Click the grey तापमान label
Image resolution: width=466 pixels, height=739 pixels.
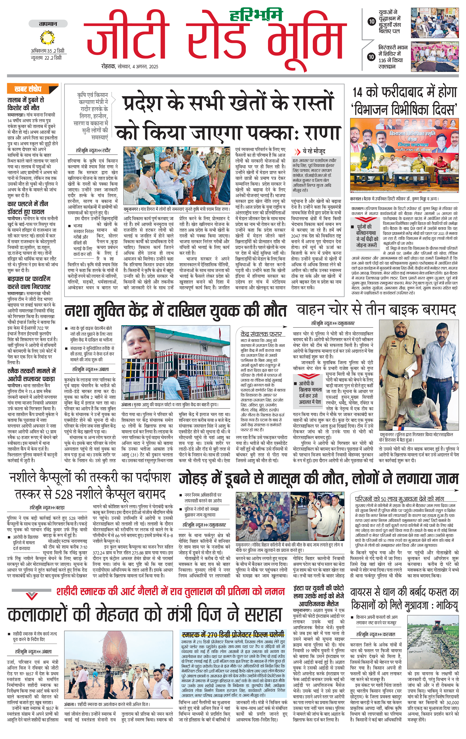[x=48, y=24]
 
